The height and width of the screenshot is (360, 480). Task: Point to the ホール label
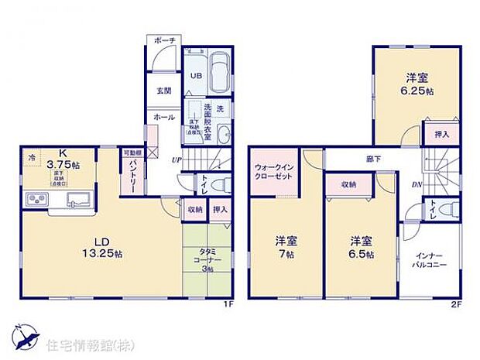[163, 117]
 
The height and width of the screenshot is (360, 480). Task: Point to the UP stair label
[177, 160]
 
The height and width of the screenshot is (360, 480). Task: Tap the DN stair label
[417, 186]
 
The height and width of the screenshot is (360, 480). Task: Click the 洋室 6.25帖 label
[417, 84]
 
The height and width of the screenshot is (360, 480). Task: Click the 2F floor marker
[456, 304]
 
